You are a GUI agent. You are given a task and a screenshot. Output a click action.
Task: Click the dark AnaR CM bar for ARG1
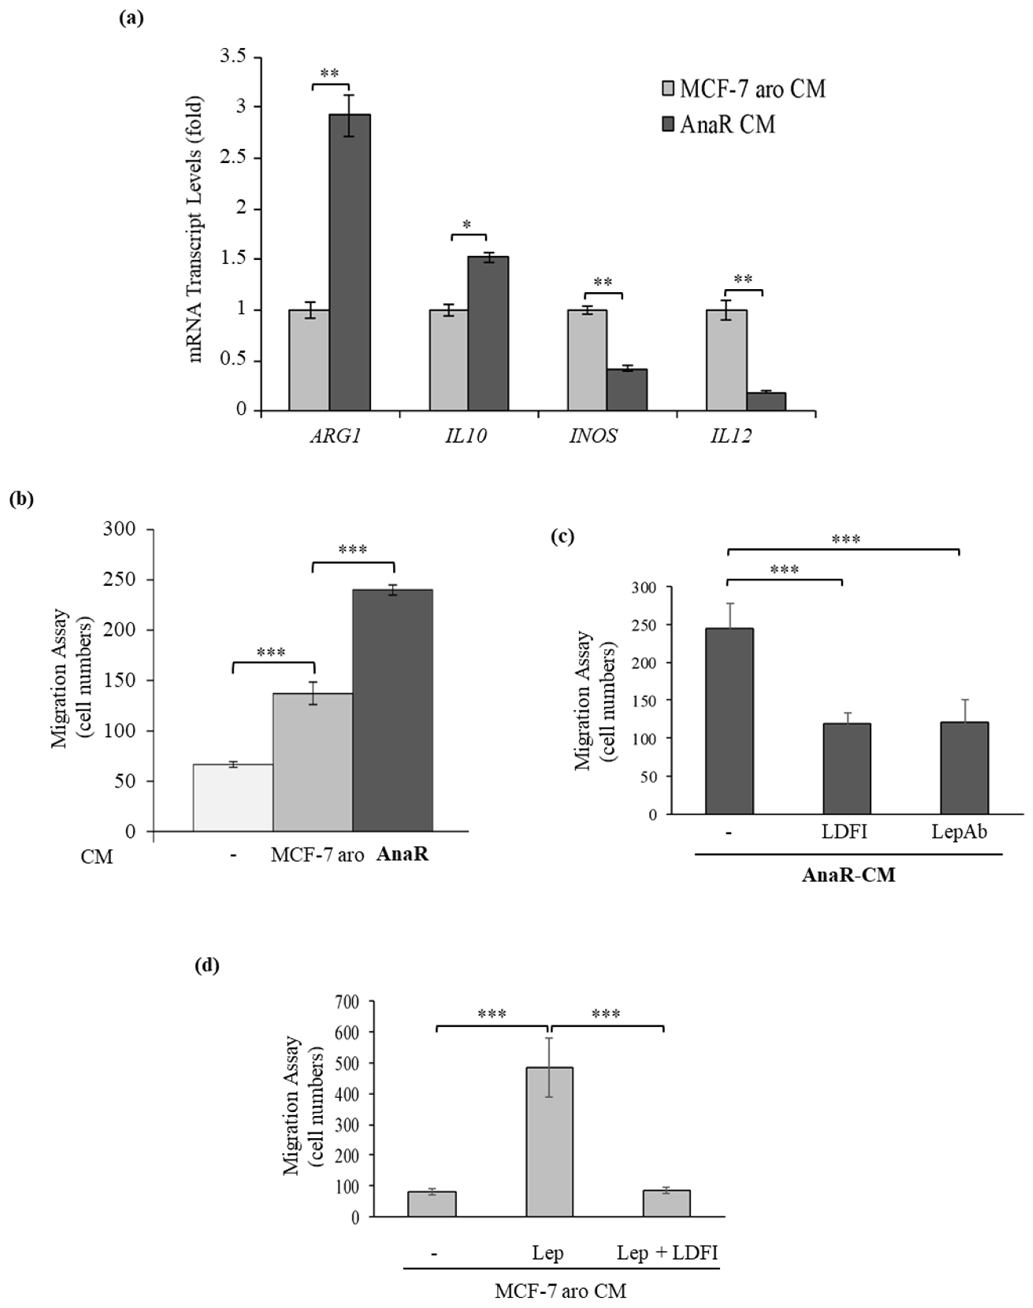(350, 263)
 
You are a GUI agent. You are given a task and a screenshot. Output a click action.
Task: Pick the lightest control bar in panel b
(233, 797)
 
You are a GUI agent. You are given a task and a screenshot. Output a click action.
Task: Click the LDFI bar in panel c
(846, 768)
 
